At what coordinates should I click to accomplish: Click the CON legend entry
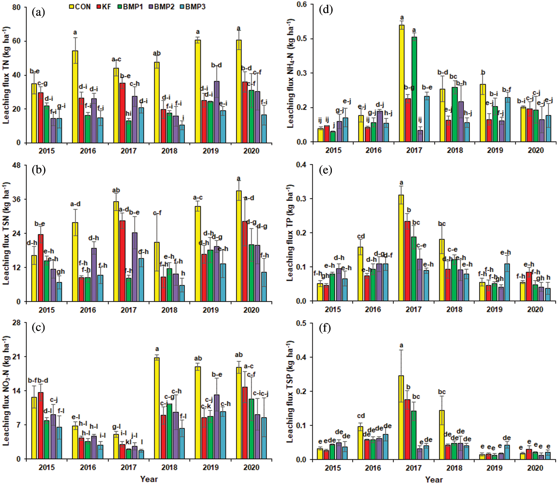(x=80, y=7)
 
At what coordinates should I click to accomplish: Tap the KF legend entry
(x=104, y=7)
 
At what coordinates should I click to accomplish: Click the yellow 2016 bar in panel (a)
(x=75, y=97)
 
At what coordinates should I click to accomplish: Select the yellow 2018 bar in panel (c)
(x=157, y=408)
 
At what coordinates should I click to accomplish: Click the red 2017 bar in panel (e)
(x=407, y=261)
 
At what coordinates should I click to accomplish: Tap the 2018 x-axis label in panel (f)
(x=454, y=468)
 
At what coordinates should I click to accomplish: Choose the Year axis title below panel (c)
(x=149, y=479)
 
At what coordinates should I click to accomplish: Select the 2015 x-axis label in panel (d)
(x=333, y=150)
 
